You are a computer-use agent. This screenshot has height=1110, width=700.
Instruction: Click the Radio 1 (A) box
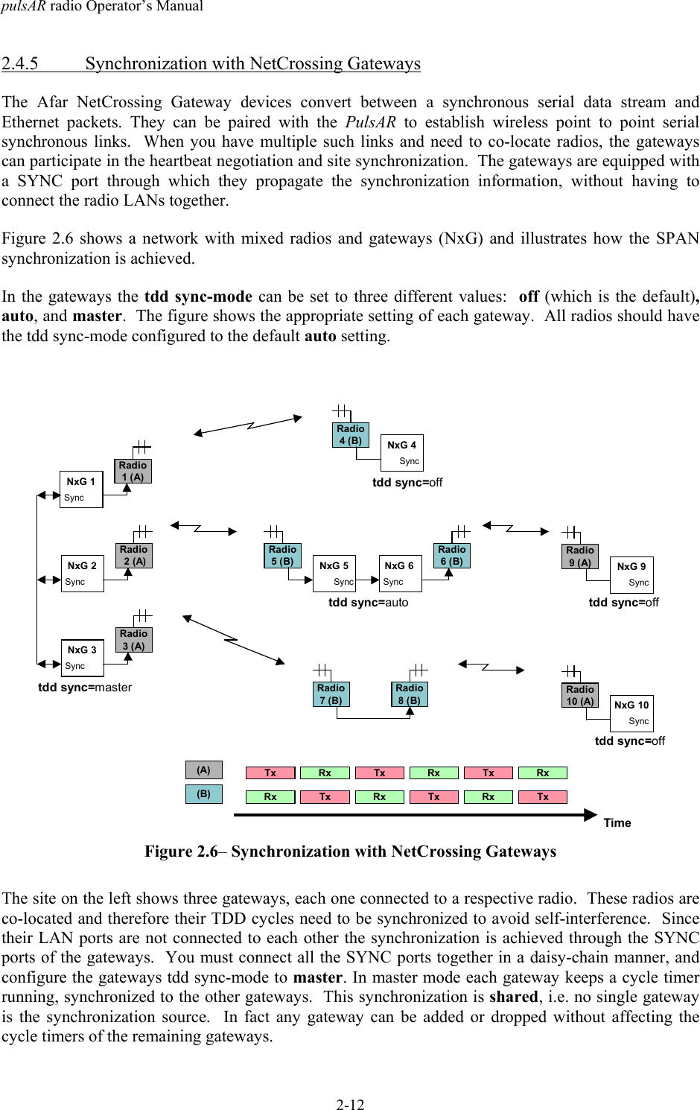coord(133,471)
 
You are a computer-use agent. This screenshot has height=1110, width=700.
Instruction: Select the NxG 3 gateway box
coord(81,657)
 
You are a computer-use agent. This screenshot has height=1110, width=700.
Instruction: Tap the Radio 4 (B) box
coord(350,434)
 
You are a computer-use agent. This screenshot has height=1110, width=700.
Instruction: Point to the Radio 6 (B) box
coord(451,556)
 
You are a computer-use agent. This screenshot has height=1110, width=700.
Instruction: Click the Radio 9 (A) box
coord(579,556)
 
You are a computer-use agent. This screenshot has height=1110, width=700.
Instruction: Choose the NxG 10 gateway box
coord(631,713)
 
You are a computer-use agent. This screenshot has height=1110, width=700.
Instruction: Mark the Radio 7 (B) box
coord(331,694)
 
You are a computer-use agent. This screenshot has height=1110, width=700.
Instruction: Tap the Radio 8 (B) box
coord(410,694)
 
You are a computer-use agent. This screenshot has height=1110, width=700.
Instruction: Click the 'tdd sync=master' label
coord(85,687)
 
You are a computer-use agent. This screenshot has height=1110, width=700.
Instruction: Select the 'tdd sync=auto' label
coord(369,602)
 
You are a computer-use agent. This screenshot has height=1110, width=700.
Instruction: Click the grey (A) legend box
coord(203,770)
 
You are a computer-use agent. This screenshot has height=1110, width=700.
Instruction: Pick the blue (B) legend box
coord(203,794)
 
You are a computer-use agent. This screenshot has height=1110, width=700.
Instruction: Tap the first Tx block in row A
coord(270,773)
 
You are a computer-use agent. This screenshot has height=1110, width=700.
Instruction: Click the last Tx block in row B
coord(543,796)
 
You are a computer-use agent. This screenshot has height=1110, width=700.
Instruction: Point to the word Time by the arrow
coord(617,822)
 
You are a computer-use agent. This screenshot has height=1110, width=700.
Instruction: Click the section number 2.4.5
coord(20,64)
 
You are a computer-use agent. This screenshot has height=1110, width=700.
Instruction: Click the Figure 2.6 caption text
coord(350,851)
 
